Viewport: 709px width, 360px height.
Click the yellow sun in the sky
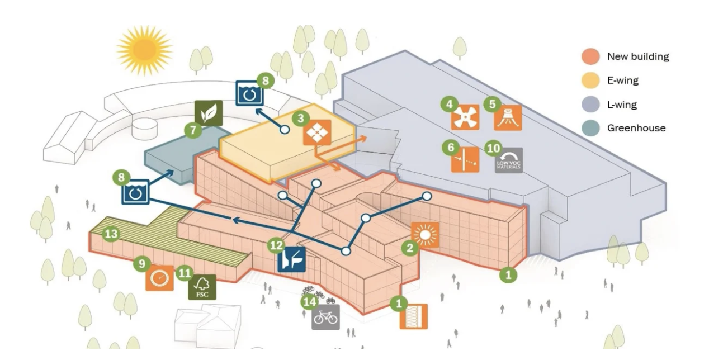[144, 50]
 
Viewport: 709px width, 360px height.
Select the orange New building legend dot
[590, 56]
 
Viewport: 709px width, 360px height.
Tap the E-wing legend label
[623, 80]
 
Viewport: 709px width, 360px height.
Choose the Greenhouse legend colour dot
[590, 128]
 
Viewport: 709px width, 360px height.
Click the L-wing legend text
[622, 105]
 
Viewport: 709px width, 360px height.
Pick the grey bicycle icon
[325, 317]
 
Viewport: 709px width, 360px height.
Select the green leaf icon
[208, 113]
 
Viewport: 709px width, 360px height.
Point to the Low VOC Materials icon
[508, 160]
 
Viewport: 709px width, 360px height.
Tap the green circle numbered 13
[111, 234]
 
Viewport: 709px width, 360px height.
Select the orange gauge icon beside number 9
[159, 277]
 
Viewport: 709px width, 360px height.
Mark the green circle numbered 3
[301, 119]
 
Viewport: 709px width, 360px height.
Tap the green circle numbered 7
[193, 131]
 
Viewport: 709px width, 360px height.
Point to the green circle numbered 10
[493, 148]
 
